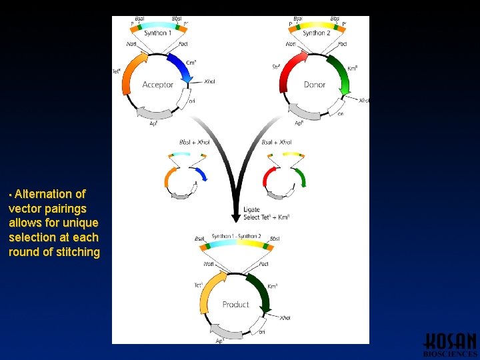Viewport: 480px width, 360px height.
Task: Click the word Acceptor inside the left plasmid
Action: tap(157, 85)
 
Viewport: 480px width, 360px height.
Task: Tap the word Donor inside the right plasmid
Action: tap(314, 85)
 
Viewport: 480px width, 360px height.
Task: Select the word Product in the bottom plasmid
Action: tap(235, 305)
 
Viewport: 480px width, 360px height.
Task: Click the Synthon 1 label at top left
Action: tap(157, 33)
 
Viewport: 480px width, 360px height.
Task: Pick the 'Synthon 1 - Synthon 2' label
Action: tap(237, 237)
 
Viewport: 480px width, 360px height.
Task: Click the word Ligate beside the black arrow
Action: tap(251, 209)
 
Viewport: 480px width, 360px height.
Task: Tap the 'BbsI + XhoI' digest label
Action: tap(195, 142)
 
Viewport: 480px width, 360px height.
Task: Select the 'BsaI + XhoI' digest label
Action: tap(277, 142)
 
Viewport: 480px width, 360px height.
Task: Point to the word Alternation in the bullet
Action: tap(50, 194)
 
